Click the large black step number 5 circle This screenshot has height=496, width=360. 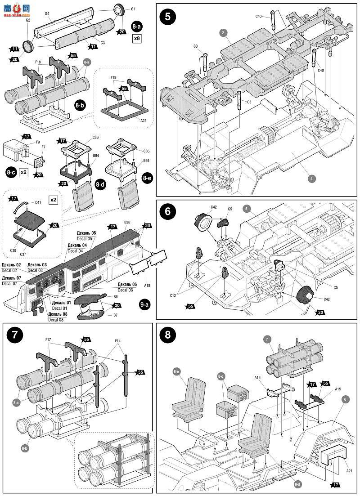tap(167, 17)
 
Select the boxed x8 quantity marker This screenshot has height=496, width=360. tap(137, 38)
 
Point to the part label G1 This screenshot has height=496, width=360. tap(133, 9)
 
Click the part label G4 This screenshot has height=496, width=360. tap(47, 14)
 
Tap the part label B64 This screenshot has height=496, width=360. tap(95, 156)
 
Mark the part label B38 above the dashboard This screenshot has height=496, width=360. tap(127, 222)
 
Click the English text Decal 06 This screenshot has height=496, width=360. tap(127, 290)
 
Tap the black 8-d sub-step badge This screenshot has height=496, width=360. tap(100, 184)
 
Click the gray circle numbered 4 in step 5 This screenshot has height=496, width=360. tap(310, 178)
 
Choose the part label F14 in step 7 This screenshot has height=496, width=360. tap(117, 341)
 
